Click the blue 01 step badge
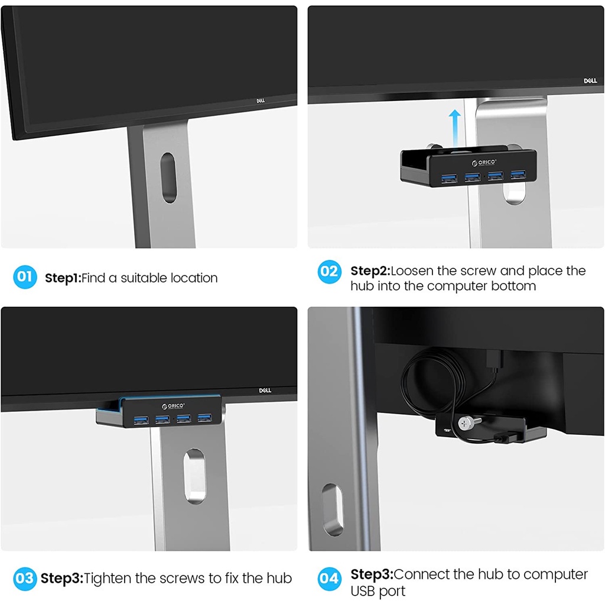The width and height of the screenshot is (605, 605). tap(25, 277)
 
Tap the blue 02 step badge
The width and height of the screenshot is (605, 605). tap(330, 271)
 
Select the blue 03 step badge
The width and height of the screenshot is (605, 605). tap(25, 578)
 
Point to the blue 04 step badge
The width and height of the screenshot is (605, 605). tap(330, 578)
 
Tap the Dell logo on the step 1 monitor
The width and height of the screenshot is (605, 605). tap(261, 100)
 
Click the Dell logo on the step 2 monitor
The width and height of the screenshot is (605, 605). tap(590, 80)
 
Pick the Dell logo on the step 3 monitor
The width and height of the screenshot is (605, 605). tap(265, 391)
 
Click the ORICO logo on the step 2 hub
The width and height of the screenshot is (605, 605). tap(484, 162)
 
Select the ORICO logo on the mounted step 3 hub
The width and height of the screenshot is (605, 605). tap(173, 406)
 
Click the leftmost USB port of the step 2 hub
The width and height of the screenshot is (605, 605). tap(449, 178)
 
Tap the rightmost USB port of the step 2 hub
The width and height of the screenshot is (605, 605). tap(518, 174)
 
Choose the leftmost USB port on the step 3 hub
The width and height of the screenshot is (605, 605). tap(141, 420)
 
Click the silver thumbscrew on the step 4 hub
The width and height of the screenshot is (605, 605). tap(466, 424)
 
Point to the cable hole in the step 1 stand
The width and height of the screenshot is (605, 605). tap(168, 177)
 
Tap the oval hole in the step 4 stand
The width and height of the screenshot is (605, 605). tap(332, 510)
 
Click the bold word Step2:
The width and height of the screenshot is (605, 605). tap(370, 271)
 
